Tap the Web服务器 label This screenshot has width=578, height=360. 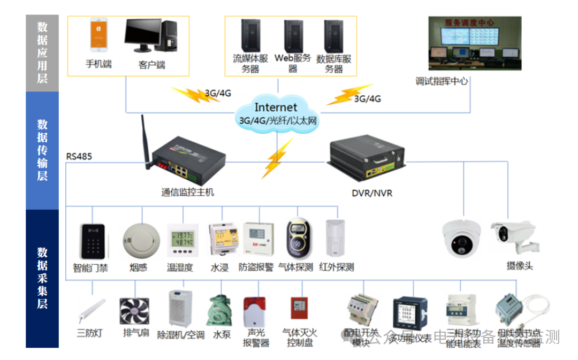(292, 63)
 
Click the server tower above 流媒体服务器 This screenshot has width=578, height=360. (249, 35)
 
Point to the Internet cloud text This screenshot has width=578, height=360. (276, 108)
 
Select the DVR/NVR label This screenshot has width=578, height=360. (371, 193)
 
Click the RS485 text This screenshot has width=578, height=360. (79, 157)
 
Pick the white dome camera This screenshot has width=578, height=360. (462, 236)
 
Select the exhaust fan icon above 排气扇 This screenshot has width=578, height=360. (134, 311)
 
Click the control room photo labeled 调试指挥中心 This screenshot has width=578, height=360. (475, 43)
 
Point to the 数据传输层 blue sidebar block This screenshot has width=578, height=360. (42, 150)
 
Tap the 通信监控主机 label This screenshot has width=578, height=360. (187, 192)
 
